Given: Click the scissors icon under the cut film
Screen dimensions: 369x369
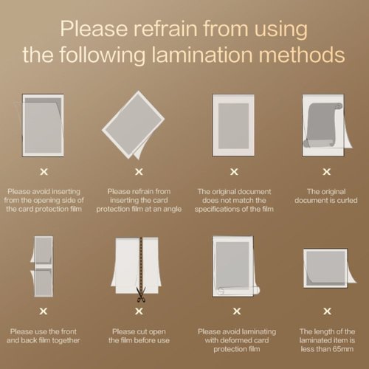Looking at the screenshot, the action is (x=141, y=294).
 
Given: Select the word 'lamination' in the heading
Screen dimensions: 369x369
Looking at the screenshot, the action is (x=202, y=55).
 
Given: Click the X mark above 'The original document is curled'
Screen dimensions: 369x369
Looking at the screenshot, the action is (x=327, y=172).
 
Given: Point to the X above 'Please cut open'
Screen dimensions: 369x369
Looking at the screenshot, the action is (x=139, y=311).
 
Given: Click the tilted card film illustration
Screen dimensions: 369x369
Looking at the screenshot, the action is (x=134, y=125).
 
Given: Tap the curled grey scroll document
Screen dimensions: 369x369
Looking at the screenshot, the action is (x=323, y=125).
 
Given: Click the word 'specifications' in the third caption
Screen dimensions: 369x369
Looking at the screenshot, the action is (x=217, y=210).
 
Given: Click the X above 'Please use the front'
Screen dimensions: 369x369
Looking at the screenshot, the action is (x=44, y=311).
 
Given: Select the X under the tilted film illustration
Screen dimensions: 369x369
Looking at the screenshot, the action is (x=139, y=172).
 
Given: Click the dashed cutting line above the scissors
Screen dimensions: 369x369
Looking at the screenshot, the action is (x=141, y=262).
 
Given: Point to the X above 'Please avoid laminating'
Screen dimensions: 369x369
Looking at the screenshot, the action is (x=237, y=311).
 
